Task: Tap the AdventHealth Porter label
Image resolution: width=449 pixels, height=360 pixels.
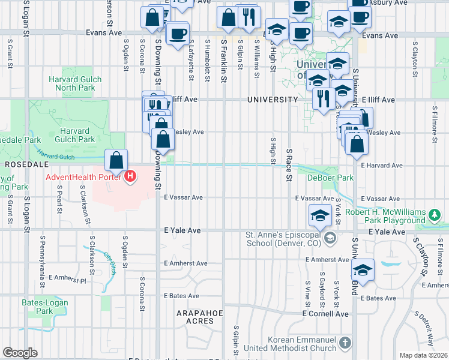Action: tap(84, 176)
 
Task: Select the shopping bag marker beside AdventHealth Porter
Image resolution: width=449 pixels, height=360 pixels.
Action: tap(116, 160)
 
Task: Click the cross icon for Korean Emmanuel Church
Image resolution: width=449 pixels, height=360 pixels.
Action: tap(345, 343)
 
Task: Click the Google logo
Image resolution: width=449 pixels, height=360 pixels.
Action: tap(20, 353)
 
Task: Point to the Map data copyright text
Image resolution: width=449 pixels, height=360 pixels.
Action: tap(424, 355)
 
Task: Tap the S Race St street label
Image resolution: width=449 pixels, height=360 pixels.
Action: tap(289, 165)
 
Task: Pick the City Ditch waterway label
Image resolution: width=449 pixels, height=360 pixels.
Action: tap(110, 264)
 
